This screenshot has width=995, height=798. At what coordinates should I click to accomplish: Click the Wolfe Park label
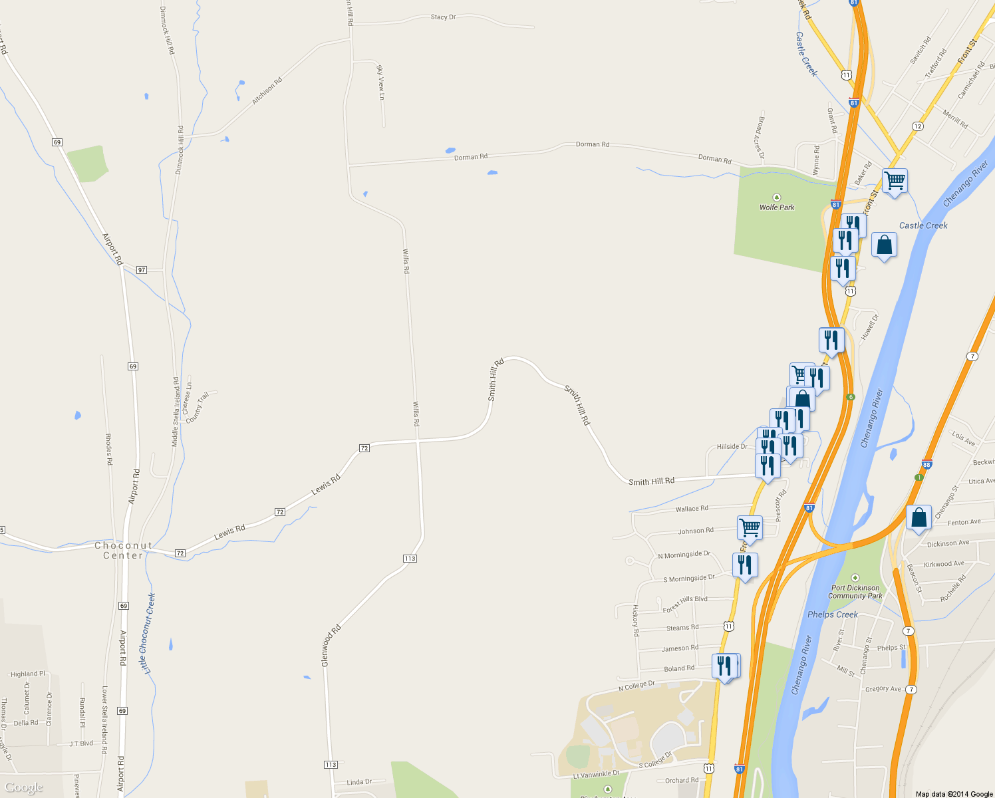tap(777, 207)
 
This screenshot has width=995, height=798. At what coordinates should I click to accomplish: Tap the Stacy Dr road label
tap(443, 17)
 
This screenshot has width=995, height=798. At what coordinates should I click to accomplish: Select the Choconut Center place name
tap(123, 551)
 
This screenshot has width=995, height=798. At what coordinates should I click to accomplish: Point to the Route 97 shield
tap(141, 270)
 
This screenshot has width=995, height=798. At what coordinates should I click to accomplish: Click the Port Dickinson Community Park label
tap(855, 592)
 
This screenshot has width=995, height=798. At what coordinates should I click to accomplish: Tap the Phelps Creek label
tap(832, 614)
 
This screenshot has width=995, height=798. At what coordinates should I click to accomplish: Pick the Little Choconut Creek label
tap(148, 633)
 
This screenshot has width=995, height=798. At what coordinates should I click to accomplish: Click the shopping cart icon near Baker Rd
tap(895, 180)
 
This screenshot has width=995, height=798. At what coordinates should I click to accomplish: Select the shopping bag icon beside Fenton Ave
tap(919, 517)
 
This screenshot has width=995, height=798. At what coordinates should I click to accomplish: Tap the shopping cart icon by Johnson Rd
tap(750, 528)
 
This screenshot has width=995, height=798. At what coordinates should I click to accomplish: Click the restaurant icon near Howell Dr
tap(831, 340)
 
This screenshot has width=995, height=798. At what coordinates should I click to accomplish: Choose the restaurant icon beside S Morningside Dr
tap(745, 565)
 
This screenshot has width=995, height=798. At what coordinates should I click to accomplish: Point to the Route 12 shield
tap(918, 126)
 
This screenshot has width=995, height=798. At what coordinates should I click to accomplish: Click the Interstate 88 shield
tap(927, 465)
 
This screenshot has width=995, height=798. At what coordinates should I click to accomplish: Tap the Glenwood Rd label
tap(331, 645)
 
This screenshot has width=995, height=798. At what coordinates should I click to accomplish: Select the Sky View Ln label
tap(380, 82)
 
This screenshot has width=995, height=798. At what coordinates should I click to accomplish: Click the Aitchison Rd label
tap(267, 90)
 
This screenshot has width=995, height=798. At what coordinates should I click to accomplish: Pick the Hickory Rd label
tap(635, 620)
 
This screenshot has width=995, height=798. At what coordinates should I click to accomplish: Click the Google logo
tap(24, 788)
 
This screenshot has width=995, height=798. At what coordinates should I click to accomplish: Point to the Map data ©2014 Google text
tap(954, 794)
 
